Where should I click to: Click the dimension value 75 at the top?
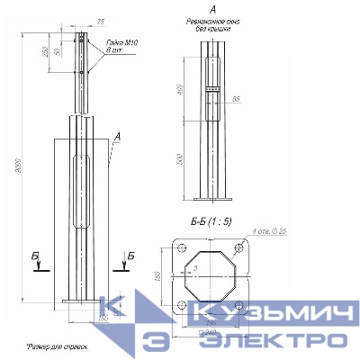point(100,20)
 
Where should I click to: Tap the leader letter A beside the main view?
point(117,137)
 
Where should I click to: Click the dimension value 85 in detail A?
point(235,98)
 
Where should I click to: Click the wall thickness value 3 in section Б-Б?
point(195,268)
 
